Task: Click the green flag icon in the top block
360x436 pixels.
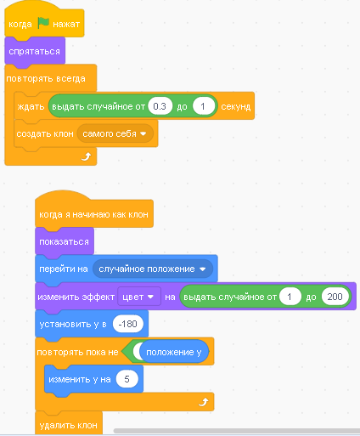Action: tap(43, 23)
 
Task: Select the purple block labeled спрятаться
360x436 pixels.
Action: tap(35, 51)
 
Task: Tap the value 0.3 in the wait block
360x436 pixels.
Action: tap(160, 106)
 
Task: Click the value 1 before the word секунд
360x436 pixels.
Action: tap(203, 106)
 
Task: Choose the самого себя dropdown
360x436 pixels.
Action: tap(115, 133)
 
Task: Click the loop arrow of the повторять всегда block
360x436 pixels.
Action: tap(86, 156)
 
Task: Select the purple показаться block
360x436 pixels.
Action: tap(65, 241)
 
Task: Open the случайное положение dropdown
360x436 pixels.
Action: tap(152, 269)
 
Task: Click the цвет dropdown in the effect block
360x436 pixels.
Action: tap(139, 297)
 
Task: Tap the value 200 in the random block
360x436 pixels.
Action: tap(335, 297)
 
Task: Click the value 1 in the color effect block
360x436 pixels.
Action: tap(290, 297)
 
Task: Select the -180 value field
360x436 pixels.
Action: tap(128, 324)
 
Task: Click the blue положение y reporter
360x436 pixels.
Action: tap(174, 352)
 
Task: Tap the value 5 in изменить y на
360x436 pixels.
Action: tap(127, 379)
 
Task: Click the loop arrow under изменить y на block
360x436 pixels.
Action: tap(204, 402)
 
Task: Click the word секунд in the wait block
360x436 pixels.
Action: tap(236, 106)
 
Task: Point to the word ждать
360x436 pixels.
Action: tap(31, 106)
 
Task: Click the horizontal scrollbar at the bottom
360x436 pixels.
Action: tap(237, 431)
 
